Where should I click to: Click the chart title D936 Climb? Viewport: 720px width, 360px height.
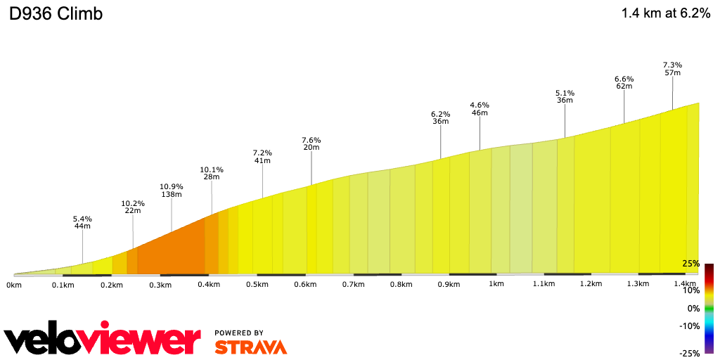pos(56,13)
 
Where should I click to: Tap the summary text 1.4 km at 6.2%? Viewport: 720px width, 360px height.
pos(666,13)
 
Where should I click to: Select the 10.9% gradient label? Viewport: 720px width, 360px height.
pos(172,186)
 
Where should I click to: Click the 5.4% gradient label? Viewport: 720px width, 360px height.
pos(82,219)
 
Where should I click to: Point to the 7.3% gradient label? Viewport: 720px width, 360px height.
pos(672,65)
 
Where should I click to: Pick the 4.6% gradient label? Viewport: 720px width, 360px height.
pos(480,105)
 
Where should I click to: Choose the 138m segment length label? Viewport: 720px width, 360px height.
pos(172,194)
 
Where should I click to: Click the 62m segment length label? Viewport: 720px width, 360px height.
pos(624,86)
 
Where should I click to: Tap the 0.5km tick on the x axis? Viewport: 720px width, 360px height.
pos(257,284)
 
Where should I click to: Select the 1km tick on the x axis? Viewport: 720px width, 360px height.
pos(496,284)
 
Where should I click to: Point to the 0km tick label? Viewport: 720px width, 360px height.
pos(14,284)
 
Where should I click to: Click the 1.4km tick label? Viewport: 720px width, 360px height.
pos(685,284)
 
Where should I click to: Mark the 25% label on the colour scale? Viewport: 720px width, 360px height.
pos(690,264)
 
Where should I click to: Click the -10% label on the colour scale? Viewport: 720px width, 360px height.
pos(689,326)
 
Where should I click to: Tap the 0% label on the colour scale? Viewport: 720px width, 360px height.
pos(693,308)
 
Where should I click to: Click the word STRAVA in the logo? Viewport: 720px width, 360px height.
pos(250,347)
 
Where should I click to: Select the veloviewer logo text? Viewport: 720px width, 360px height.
pos(102,340)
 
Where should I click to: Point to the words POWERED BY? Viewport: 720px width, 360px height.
pos(239,333)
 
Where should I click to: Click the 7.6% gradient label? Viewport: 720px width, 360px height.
pos(311,139)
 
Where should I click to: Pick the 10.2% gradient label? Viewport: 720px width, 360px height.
pos(132,204)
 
